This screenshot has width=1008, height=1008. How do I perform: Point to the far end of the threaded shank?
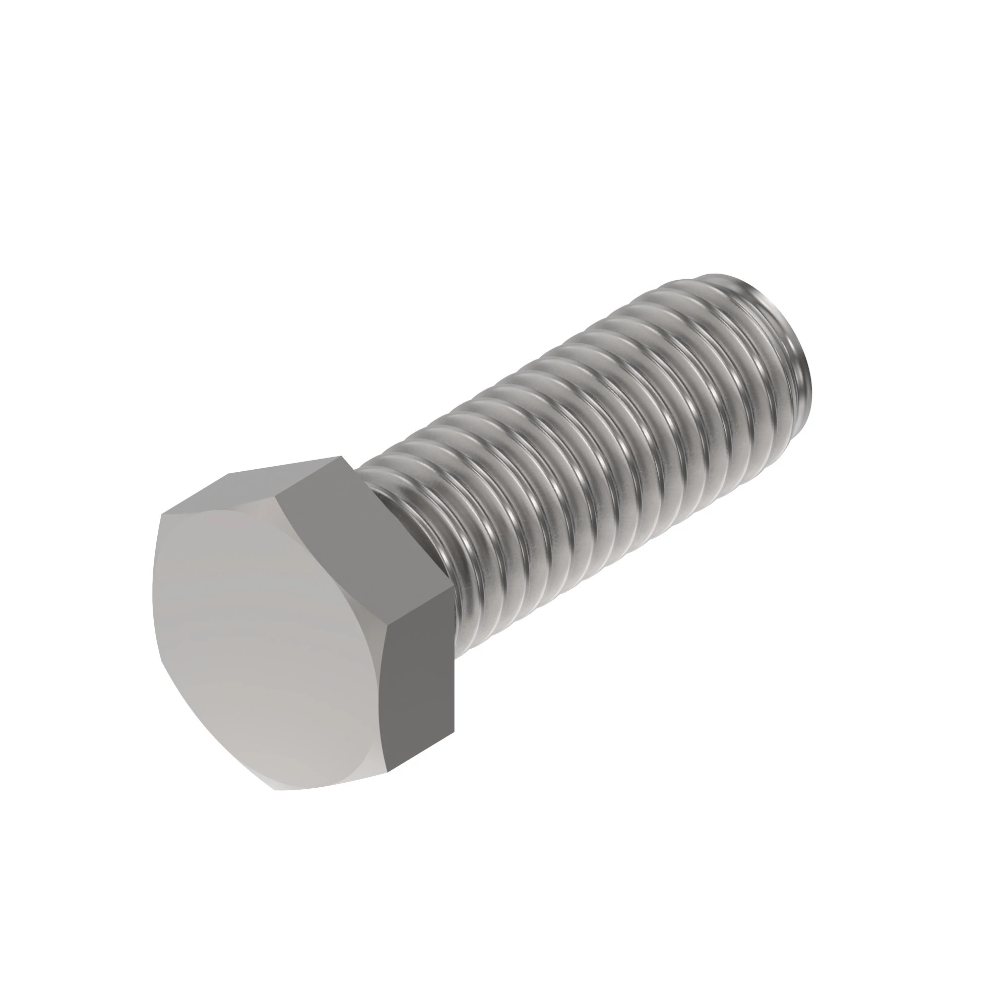click(798, 355)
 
